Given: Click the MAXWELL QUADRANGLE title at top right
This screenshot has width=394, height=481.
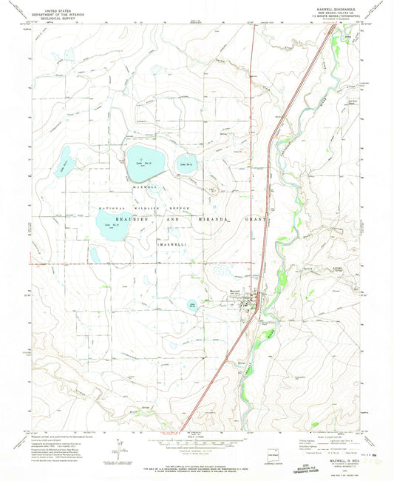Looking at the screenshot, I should pyautogui.click(x=338, y=8).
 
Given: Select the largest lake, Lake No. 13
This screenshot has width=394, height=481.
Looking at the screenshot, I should pyautogui.click(x=144, y=163).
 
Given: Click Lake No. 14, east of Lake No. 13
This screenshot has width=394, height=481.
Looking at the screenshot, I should pyautogui.click(x=186, y=166).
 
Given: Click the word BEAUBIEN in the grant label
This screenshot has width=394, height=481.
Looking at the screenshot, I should pyautogui.click(x=129, y=221).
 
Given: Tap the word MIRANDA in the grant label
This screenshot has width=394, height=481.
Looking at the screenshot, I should pyautogui.click(x=205, y=221).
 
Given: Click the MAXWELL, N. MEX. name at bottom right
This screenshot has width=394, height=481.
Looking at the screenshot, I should pyautogui.click(x=339, y=459).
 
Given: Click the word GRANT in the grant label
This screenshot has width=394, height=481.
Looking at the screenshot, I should pyautogui.click(x=248, y=221).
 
